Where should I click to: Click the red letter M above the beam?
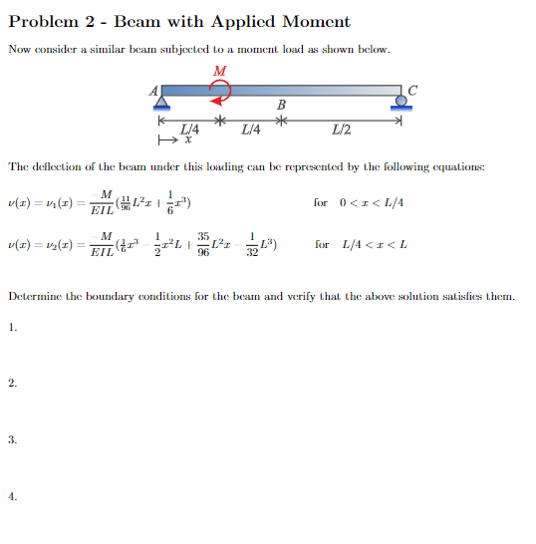pos(219,69)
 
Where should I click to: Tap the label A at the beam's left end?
pos(154,88)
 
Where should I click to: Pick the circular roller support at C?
pos(402,102)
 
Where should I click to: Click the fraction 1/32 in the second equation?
pos(253,245)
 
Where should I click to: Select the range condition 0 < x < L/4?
pos(371,202)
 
